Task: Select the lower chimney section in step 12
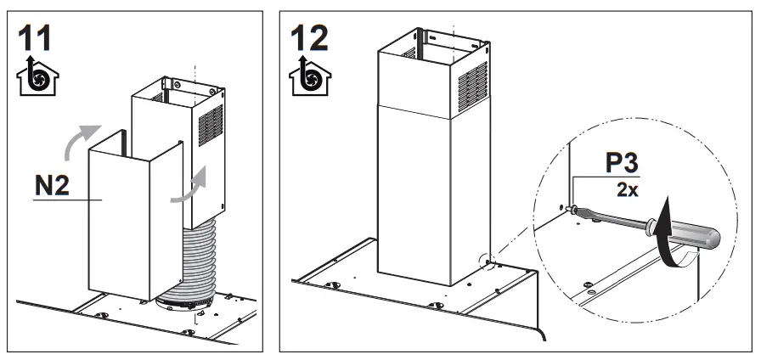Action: (420, 195)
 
